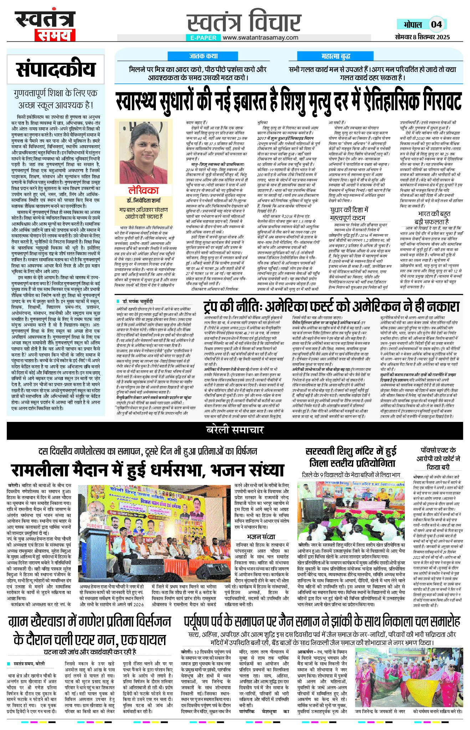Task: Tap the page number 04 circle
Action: coord(436,24)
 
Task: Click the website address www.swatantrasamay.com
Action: coord(261,37)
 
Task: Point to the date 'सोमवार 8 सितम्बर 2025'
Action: coord(422,37)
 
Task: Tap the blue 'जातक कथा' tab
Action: coord(203,56)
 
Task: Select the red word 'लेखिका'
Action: coord(143,190)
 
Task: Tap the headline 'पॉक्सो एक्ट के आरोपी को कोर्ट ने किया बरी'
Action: coord(438,458)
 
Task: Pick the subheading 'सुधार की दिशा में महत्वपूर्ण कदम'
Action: coord(349,214)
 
